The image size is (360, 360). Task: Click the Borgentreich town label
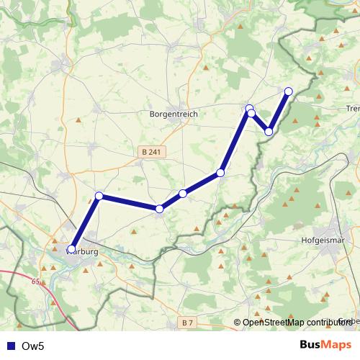(173, 114)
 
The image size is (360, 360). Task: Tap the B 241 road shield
(150, 151)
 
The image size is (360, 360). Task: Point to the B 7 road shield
(188, 322)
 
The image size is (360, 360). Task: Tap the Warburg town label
(81, 252)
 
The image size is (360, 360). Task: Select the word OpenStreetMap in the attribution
(274, 322)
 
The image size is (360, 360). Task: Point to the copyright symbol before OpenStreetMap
(238, 322)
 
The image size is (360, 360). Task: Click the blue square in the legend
(10, 346)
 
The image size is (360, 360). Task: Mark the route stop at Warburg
(71, 250)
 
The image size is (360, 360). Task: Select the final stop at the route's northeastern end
(289, 91)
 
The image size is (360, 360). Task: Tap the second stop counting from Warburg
(99, 196)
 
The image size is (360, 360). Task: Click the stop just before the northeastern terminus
(269, 132)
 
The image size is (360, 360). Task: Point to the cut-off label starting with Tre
(353, 108)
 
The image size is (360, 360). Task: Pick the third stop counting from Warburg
(159, 209)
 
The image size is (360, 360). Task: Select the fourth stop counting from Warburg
(183, 193)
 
